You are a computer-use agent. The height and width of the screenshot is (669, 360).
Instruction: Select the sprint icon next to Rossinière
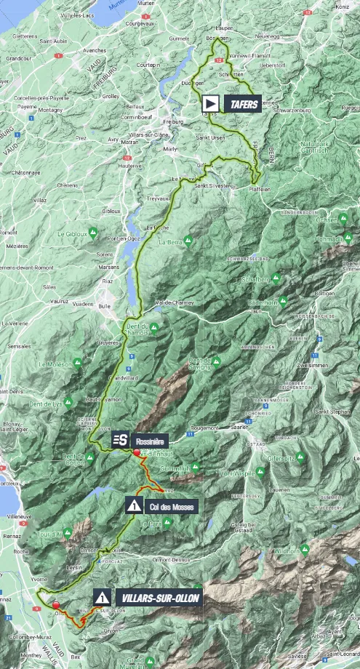(x=121, y=439)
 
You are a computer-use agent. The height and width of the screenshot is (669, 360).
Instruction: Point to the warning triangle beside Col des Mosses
(x=134, y=505)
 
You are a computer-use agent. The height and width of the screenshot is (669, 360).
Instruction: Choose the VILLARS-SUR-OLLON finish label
(x=157, y=598)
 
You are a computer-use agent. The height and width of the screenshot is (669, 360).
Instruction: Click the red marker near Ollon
(x=55, y=604)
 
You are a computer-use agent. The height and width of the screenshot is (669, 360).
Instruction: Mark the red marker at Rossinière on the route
(x=136, y=452)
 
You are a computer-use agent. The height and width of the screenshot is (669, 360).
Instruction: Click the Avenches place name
(x=95, y=51)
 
